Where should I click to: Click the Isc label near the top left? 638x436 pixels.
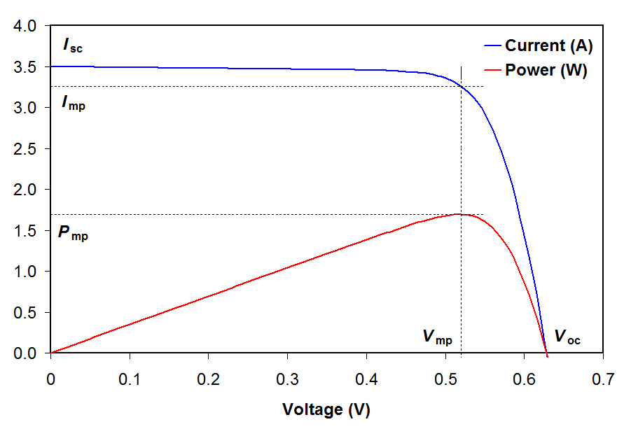(x=73, y=47)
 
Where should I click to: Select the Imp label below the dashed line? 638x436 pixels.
(x=74, y=106)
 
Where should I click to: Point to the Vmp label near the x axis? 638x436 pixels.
(x=438, y=337)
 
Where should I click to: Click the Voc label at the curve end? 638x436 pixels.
(x=567, y=337)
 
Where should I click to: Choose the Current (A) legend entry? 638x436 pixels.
(x=549, y=46)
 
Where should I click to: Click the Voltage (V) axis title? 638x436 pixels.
(x=326, y=409)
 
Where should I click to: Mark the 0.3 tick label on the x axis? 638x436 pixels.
(x=287, y=380)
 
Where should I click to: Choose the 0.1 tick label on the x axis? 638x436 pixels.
(x=130, y=380)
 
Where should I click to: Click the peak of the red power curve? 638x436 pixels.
(x=459, y=213)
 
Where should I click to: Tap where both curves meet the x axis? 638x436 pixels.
(x=546, y=353)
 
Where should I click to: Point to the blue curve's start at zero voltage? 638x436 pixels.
(x=51, y=66)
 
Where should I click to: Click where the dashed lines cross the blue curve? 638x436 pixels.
(x=461, y=86)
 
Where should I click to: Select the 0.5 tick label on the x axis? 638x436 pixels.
(x=445, y=380)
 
